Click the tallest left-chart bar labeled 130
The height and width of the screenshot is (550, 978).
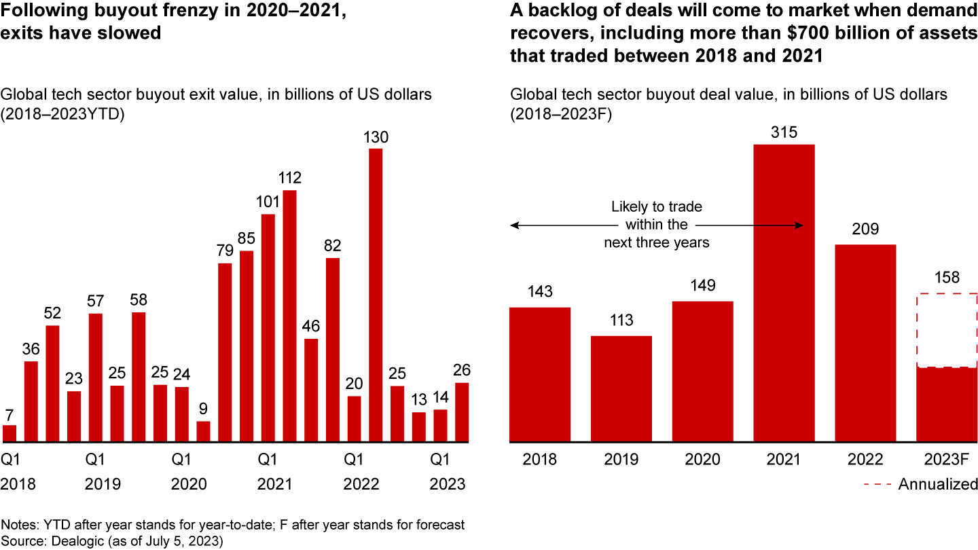(376, 295)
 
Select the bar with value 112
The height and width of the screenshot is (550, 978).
(290, 316)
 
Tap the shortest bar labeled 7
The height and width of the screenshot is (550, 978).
(10, 434)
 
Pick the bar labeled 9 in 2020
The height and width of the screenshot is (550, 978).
(203, 432)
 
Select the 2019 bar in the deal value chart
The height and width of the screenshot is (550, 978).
(621, 389)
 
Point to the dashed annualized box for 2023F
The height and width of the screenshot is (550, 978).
(947, 330)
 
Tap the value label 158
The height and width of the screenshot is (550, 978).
(947, 278)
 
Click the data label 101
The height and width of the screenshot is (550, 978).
(268, 202)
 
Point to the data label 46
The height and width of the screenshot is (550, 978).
(311, 326)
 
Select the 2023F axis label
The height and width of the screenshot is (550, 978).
(947, 459)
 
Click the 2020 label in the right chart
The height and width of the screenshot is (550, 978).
(702, 459)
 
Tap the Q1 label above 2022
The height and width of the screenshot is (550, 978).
(352, 459)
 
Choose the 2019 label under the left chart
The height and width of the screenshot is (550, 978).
(103, 484)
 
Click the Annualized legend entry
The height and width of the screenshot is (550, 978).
(937, 484)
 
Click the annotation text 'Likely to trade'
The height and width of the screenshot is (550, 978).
(657, 206)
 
